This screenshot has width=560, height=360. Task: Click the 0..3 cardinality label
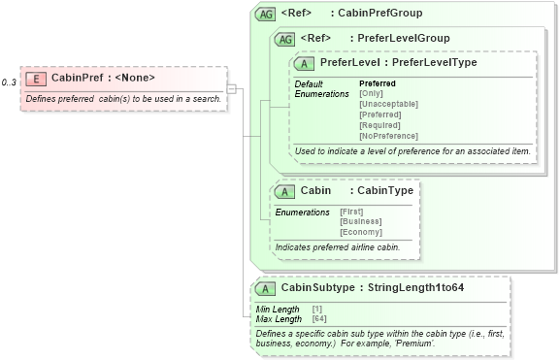[9, 82]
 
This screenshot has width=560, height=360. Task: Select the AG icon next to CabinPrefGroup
[265, 15]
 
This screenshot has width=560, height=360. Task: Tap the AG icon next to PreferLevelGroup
[285, 39]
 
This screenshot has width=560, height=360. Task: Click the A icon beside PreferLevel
[304, 62]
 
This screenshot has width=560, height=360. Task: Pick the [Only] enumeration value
[371, 93]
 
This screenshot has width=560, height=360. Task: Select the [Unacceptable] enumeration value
[388, 104]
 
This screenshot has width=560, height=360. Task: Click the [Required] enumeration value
[379, 125]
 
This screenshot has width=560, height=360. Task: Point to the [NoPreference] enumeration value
[388, 136]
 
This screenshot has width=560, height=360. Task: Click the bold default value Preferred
[378, 83]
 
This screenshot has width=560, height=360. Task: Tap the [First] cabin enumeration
[351, 212]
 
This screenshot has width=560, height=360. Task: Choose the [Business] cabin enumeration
[359, 222]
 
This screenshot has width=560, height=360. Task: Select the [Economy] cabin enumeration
[360, 233]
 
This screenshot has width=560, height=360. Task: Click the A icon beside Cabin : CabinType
[284, 191]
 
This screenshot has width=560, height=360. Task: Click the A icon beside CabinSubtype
[264, 288]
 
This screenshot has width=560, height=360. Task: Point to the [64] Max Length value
[319, 319]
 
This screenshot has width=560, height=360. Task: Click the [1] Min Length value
[317, 310]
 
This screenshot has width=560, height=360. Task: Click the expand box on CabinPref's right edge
[232, 88]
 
